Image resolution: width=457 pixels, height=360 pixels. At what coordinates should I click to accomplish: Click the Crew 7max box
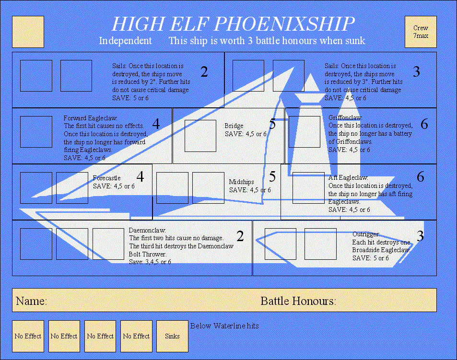coord(421,32)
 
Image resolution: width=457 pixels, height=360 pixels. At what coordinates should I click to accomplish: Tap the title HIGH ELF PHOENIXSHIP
coord(233,24)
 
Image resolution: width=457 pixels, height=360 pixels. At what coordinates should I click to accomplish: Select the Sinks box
coord(172,336)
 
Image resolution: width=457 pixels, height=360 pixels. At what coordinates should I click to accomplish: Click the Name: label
coord(31,302)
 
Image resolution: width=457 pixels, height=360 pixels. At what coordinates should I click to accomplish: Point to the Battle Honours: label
coord(298,302)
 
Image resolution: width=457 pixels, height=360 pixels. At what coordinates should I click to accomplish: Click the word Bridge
coord(234,126)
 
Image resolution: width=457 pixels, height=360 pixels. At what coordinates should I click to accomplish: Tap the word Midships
coord(241,182)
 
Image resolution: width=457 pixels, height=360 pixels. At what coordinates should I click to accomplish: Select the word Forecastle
coord(106,178)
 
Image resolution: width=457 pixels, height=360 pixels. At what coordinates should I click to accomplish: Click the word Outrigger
coord(366,234)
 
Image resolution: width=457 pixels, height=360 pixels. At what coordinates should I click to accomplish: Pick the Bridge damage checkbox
coord(200,136)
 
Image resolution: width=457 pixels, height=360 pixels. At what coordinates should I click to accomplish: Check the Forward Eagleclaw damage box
coord(36,132)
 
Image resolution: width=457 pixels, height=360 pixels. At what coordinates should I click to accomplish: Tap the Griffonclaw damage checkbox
coord(304,132)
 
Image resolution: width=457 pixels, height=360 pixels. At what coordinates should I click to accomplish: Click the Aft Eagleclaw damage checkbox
coord(308,187)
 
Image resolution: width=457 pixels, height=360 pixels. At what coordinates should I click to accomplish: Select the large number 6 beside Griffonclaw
coord(424,125)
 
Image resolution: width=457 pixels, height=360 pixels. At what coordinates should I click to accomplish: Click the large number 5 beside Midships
coord(272,177)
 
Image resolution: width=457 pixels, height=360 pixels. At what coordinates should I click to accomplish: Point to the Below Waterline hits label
coord(224,326)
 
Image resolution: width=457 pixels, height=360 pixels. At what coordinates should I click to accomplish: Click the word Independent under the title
coord(125,41)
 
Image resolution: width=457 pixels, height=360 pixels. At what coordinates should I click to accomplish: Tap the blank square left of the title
coord(28,32)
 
